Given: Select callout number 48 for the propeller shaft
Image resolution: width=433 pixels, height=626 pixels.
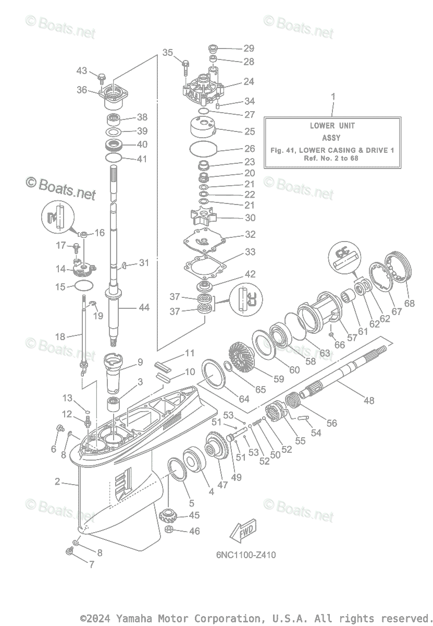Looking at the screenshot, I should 369,401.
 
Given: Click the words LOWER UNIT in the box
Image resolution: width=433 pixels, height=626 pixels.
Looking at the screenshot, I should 332,125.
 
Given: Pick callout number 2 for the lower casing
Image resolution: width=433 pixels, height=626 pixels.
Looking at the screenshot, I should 57,481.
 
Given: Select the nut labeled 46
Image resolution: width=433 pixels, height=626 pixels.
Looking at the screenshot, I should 169,531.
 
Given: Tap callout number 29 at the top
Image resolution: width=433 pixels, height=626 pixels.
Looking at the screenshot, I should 249,49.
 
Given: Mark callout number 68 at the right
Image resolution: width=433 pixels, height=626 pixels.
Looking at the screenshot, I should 410,303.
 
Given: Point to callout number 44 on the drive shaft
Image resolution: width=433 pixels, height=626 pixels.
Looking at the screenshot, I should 144,308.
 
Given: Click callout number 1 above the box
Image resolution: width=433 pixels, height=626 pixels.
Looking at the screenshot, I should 333,96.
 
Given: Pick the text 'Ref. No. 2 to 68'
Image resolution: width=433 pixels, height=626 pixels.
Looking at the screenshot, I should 332,158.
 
